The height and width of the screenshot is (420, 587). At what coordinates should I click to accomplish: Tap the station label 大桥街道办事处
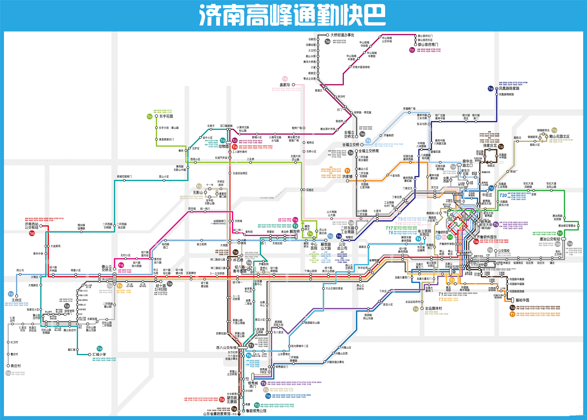[342, 35]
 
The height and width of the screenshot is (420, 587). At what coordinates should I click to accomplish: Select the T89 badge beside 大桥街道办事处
[327, 41]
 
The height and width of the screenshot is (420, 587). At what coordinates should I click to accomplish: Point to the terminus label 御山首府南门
[428, 45]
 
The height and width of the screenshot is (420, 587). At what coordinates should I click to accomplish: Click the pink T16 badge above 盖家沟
[285, 79]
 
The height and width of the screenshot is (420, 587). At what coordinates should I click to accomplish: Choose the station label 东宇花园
[166, 116]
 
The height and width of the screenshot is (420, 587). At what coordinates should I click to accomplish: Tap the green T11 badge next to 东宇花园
[149, 117]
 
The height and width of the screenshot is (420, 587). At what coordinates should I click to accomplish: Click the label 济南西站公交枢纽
[31, 226]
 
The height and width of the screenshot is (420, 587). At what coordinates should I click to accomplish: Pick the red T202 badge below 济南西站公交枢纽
[32, 233]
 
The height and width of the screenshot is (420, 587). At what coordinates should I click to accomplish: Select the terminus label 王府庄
[17, 300]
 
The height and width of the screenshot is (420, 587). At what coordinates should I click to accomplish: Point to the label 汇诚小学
[100, 354]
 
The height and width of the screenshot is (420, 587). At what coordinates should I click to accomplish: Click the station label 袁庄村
[16, 366]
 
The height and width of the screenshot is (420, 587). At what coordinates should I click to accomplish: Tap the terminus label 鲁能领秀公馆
[256, 411]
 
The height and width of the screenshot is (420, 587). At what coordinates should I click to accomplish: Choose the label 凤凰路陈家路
[509, 88]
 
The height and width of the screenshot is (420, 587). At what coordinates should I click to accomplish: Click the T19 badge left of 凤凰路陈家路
[491, 89]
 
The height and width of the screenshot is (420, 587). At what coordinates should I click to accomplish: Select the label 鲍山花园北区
[559, 136]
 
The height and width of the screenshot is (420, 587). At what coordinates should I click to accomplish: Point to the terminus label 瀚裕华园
[522, 300]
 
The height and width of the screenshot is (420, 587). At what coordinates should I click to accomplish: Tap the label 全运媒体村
[433, 308]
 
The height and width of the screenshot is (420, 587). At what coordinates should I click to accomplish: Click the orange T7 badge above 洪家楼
[347, 171]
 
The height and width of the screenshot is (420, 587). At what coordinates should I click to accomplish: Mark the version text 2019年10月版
[267, 198]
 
